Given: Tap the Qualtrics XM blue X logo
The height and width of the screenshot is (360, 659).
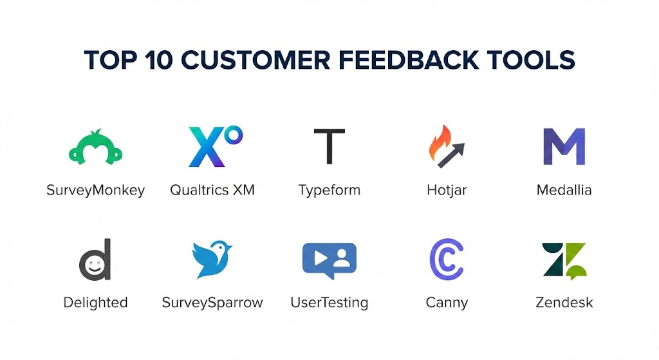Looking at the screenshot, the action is (207, 147).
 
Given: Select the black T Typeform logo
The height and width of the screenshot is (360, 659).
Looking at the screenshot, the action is (329, 146).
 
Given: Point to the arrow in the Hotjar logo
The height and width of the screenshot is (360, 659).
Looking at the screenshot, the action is (451, 155).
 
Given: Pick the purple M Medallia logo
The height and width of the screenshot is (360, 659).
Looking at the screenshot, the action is (564, 146).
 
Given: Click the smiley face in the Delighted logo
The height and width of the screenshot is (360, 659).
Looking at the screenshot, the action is (94, 265).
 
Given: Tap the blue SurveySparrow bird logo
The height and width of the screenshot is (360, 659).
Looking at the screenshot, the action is (212, 259).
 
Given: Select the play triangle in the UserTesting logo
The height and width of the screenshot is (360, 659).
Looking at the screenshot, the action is (320, 258).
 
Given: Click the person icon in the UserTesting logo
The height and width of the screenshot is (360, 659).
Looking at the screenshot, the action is (342, 258).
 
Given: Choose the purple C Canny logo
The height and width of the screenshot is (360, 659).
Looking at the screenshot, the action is (447, 260).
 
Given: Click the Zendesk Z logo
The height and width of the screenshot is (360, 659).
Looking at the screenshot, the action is (564, 261).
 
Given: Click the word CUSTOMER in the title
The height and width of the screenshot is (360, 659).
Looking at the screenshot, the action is (255, 60).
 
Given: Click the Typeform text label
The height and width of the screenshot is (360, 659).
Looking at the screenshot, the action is (329, 191).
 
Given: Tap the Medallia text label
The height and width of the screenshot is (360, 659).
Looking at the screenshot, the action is (564, 190).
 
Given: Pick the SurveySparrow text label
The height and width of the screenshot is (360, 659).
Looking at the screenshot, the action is (212, 303).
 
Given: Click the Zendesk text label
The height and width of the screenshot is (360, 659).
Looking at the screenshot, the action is (564, 303).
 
